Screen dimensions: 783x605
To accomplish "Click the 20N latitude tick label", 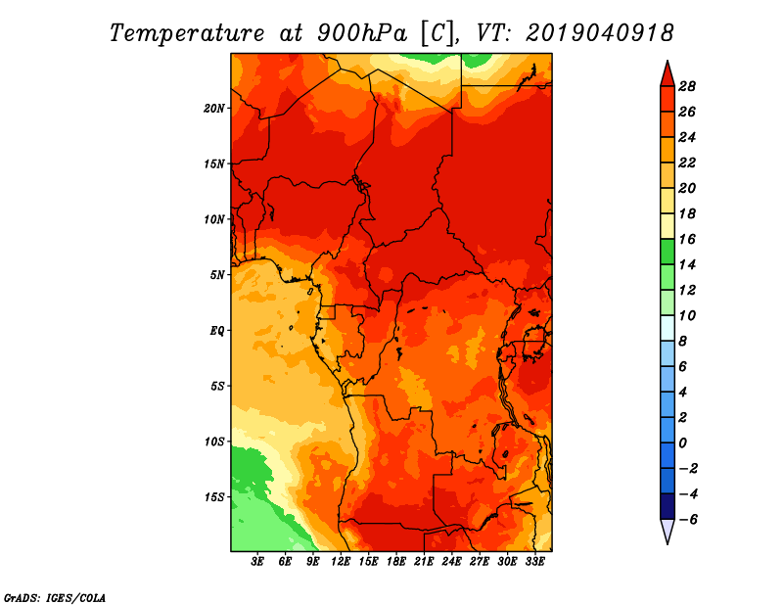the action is tap(214, 109).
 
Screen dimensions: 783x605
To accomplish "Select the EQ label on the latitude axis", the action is tap(217, 331).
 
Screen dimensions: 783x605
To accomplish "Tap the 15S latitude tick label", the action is tap(214, 497).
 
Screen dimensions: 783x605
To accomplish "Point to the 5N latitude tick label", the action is tap(217, 275).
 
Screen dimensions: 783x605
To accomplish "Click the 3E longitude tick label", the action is tap(257, 562).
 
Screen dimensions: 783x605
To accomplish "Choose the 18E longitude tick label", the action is tap(396, 562).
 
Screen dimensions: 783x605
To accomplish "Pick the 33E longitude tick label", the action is tap(534, 562).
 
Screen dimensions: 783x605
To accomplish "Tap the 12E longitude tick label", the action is tap(341, 562).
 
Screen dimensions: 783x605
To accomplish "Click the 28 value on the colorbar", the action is tap(687, 86).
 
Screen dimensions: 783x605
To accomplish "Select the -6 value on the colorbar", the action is tap(688, 520).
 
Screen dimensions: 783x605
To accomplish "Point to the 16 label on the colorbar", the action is tap(687, 239).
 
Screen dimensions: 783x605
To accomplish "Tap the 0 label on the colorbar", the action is tap(682, 443).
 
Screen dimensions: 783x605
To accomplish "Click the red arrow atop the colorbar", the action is tap(668, 75).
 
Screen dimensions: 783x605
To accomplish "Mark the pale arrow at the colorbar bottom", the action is tap(668, 531).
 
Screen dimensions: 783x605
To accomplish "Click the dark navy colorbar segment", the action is tap(668, 506).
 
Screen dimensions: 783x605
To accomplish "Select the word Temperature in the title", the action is tap(187, 33).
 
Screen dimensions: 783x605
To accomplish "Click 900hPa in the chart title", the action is tap(362, 33).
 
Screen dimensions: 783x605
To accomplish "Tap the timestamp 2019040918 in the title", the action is tap(599, 33).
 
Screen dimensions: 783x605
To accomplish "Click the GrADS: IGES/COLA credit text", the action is tap(55, 597).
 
